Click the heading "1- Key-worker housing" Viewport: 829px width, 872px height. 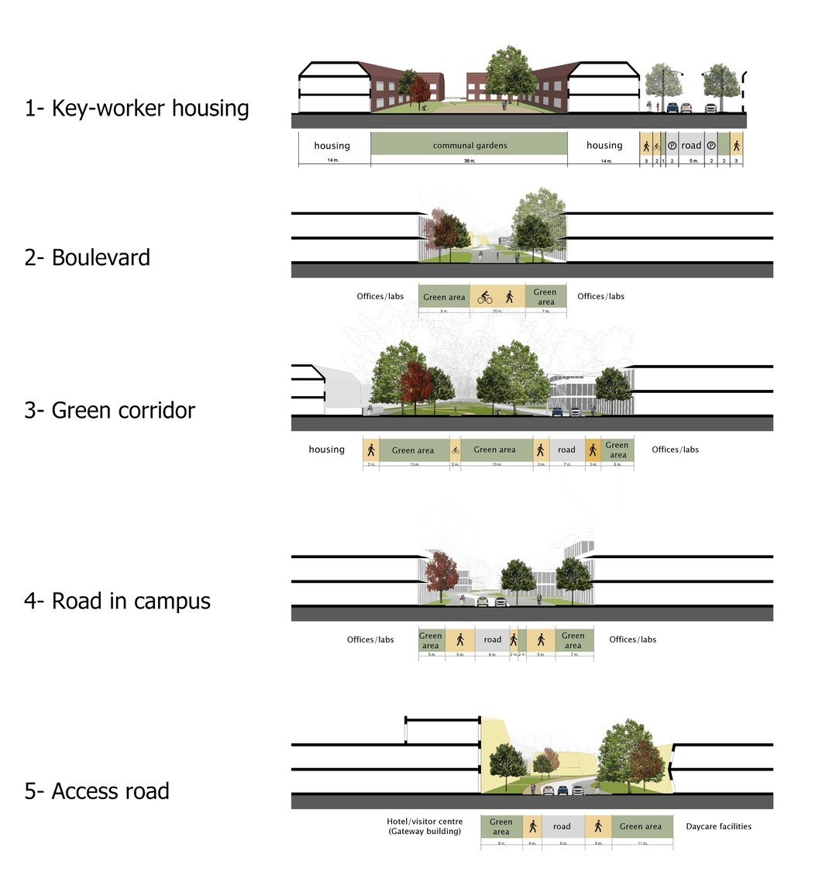click(x=136, y=108)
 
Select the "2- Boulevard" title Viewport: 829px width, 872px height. click(x=87, y=257)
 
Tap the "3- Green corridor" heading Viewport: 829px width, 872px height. click(x=109, y=410)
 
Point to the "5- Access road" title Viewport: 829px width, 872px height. click(x=97, y=791)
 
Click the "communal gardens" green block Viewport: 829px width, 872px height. click(x=470, y=145)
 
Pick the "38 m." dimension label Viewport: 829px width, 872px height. click(x=470, y=160)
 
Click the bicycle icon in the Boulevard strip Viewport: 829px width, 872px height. click(x=485, y=297)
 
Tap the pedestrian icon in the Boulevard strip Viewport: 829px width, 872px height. click(x=510, y=297)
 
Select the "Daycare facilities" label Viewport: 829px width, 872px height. click(x=718, y=826)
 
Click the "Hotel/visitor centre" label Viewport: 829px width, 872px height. click(x=425, y=822)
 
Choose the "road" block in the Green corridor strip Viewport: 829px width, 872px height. click(x=567, y=450)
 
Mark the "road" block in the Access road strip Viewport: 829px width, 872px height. click(x=562, y=826)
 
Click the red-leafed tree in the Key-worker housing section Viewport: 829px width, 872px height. click(x=419, y=90)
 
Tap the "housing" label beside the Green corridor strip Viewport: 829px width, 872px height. click(x=326, y=450)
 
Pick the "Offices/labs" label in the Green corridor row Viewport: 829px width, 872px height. click(x=675, y=450)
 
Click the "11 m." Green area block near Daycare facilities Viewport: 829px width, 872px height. click(x=642, y=826)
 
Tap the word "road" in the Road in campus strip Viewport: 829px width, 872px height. click(x=493, y=639)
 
